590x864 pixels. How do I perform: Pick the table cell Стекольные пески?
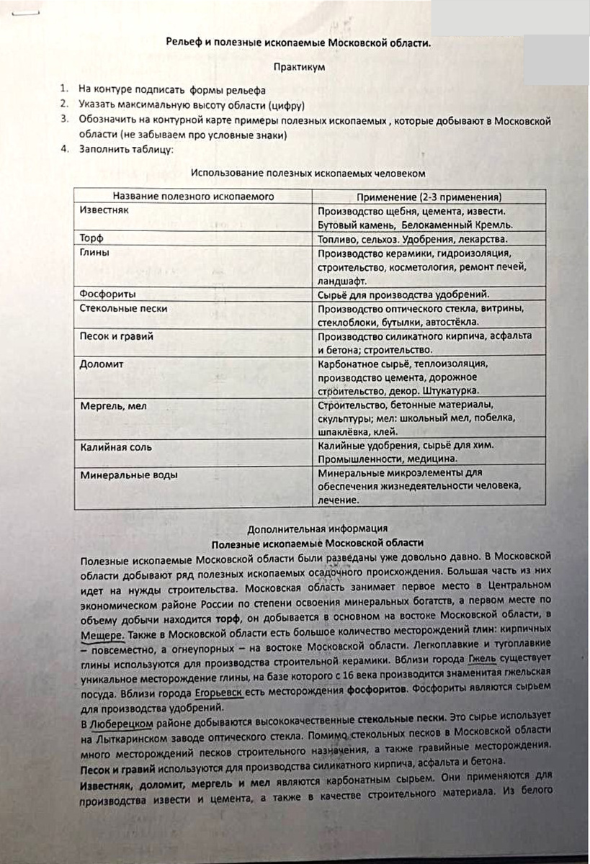(123, 308)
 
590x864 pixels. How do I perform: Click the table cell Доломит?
(102, 364)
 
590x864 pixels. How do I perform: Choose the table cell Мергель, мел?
(114, 405)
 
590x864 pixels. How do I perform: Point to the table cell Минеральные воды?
(129, 474)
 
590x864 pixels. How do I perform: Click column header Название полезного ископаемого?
(192, 197)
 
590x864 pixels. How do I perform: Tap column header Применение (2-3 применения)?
(430, 197)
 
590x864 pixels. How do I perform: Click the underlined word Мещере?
(102, 636)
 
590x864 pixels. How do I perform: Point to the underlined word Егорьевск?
(220, 692)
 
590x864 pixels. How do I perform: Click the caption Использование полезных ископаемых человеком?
(308, 174)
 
